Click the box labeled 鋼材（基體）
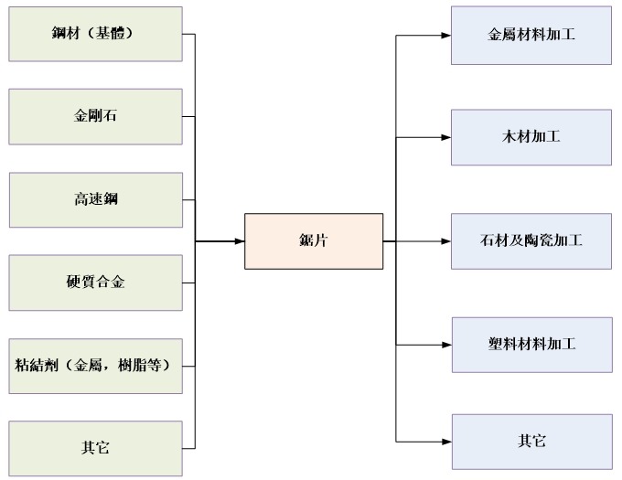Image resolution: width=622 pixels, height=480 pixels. coord(95,35)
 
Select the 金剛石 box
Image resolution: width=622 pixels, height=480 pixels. coord(95,117)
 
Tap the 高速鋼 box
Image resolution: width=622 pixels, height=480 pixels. coord(95,199)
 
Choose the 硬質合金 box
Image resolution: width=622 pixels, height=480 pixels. coord(95,283)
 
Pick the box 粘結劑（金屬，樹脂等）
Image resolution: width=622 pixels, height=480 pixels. coord(95,366)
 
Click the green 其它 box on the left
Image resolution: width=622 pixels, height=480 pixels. coord(95,448)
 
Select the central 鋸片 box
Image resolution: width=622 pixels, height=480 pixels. coord(313,241)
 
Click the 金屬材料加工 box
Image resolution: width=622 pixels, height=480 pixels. coord(531,36)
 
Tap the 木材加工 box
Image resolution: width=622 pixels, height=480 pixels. coord(531,137)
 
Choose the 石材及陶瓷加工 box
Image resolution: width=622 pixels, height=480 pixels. coord(531,241)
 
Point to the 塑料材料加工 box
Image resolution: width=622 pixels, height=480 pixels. coord(531,345)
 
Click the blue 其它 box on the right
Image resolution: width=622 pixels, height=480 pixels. coord(531,442)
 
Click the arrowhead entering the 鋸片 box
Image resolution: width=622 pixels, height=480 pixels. coord(239,241)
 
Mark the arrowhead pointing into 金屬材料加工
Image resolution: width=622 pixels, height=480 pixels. coord(445,36)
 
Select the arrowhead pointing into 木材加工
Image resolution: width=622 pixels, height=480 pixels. coord(445,138)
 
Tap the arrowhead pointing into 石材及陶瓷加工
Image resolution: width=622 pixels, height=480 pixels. coord(445,241)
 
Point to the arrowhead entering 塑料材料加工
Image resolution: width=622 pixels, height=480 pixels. coord(445,345)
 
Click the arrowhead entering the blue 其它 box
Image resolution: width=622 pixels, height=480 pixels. coord(445,442)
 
